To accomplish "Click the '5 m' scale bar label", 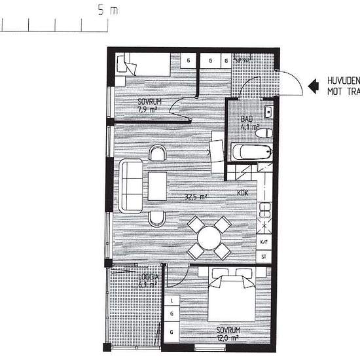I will (x=108, y=10).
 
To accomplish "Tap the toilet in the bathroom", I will (x=264, y=133).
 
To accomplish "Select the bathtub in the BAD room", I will (x=251, y=153).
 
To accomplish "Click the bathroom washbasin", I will (x=269, y=109).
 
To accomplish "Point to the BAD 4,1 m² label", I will (x=249, y=123).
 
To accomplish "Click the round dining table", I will (x=209, y=236).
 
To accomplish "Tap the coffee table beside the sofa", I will (x=158, y=186).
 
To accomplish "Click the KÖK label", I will (x=242, y=193).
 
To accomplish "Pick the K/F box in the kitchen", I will (x=264, y=242).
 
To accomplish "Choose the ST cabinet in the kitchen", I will (x=264, y=257).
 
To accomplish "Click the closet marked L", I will (x=171, y=301).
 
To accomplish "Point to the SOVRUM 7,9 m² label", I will (x=147, y=106).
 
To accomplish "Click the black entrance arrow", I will (x=314, y=83).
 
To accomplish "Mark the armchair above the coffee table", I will (x=158, y=154).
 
